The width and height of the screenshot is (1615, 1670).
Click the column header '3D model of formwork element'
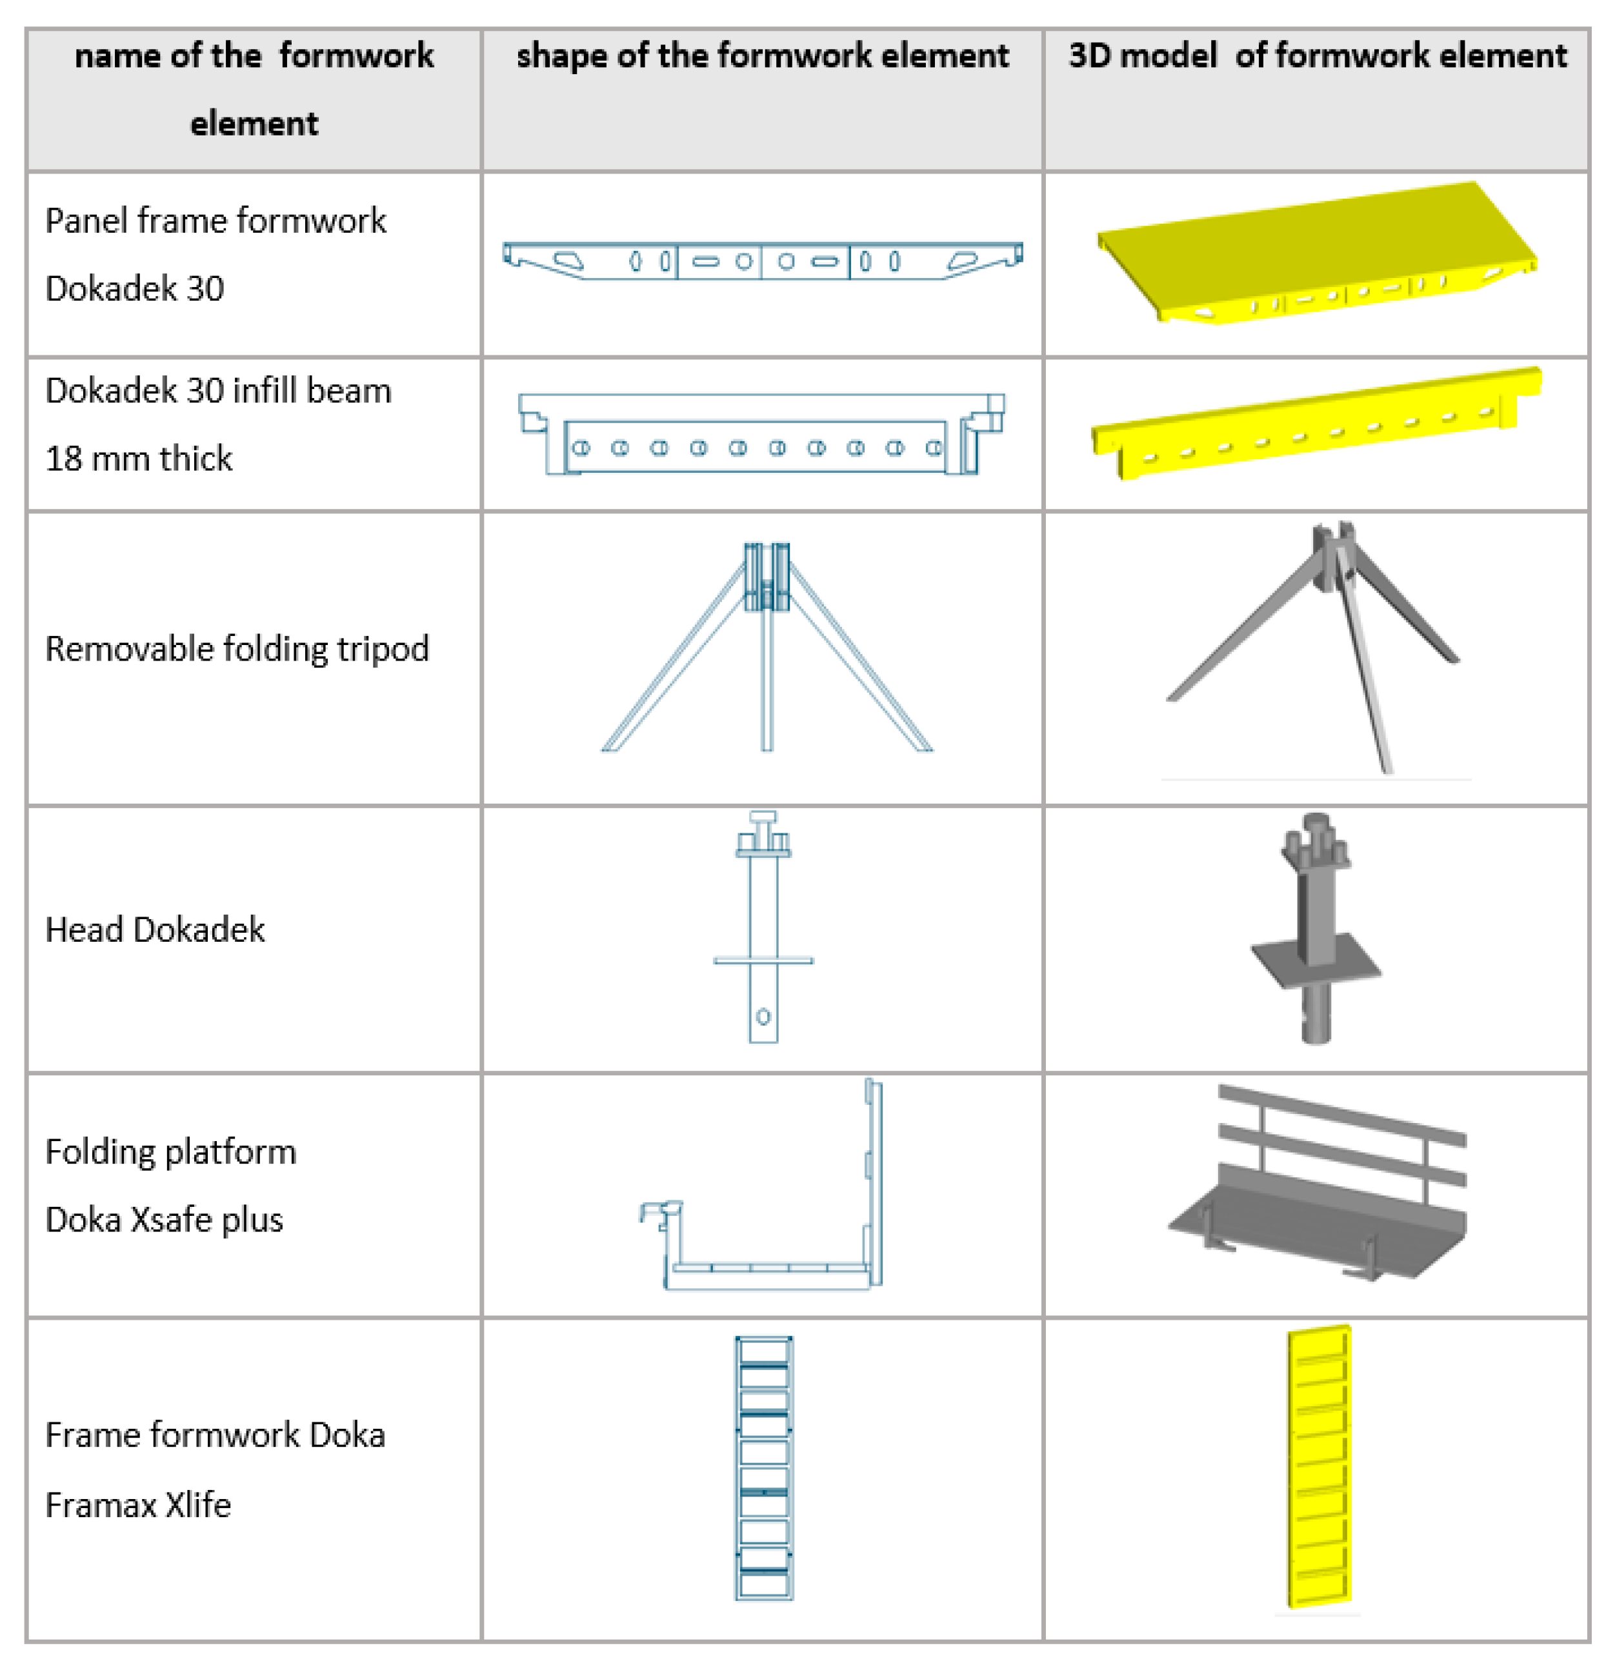pos(1317,56)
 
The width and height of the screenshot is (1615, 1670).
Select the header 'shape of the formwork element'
pos(762,56)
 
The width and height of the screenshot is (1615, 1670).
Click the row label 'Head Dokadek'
pos(154,929)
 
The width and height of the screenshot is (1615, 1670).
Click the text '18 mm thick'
pos(138,459)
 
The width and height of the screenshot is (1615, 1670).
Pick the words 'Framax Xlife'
pos(138,1506)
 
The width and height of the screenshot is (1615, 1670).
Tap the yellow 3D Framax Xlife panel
pos(1318,1466)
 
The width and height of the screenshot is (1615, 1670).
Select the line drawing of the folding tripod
pos(766,648)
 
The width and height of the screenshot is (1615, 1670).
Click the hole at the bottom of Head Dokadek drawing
pos(763,1017)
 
